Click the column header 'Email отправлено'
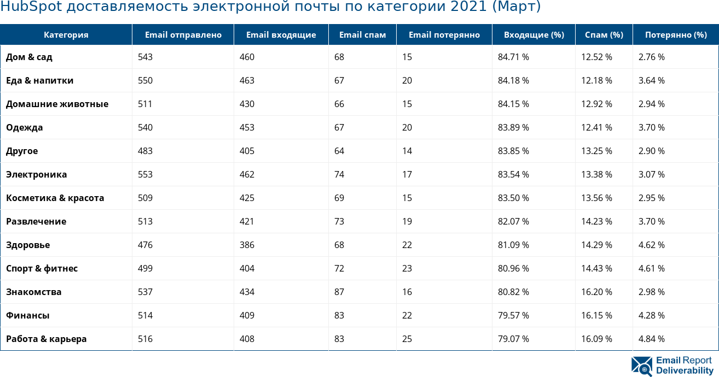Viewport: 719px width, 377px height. click(x=183, y=35)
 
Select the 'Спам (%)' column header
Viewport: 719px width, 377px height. click(x=604, y=35)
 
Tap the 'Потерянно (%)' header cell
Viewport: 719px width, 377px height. click(x=675, y=35)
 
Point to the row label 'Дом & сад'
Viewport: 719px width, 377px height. click(x=29, y=57)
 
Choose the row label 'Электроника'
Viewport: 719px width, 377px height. click(x=37, y=174)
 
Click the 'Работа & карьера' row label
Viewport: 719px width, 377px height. click(x=47, y=339)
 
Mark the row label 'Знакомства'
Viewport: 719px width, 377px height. click(x=33, y=292)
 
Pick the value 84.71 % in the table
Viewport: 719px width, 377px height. click(x=513, y=57)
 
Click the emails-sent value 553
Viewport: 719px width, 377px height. click(x=145, y=174)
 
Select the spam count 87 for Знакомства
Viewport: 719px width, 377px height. click(x=339, y=292)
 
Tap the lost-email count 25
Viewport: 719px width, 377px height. click(x=407, y=339)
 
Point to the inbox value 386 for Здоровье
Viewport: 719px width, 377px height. click(x=247, y=245)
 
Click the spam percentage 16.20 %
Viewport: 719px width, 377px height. click(x=596, y=292)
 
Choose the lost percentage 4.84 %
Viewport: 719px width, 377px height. click(x=651, y=339)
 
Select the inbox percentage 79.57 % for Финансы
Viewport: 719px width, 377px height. click(x=513, y=315)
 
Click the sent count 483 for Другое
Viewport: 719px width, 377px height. click(x=145, y=151)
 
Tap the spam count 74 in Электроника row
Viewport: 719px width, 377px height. click(x=339, y=174)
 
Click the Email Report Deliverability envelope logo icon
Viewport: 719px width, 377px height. click(x=641, y=366)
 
